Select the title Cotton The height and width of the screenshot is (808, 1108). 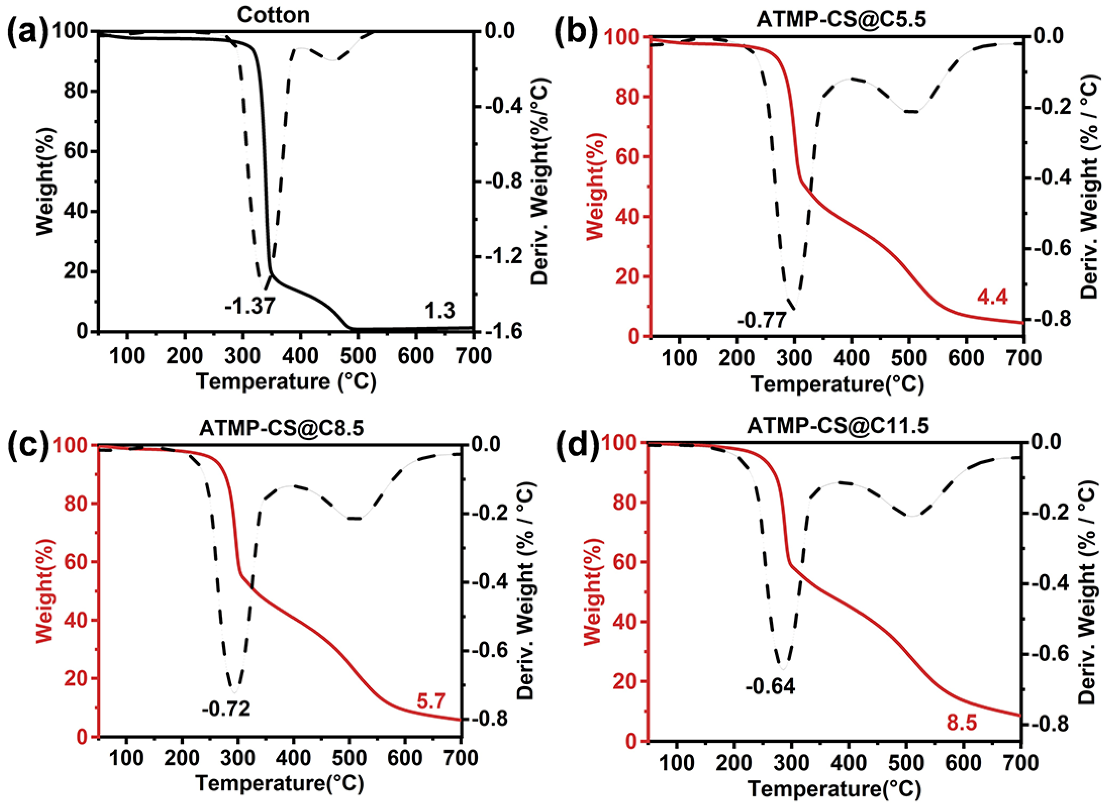pyautogui.click(x=273, y=15)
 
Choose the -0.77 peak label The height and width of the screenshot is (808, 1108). pyautogui.click(x=763, y=320)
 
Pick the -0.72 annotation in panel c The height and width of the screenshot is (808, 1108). pyautogui.click(x=226, y=708)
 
